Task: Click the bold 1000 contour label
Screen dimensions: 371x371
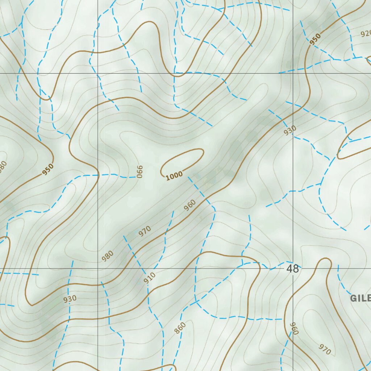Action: pos(174,176)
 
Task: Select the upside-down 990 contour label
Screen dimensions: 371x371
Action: pos(140,171)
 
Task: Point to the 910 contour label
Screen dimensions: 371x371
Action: pos(149,278)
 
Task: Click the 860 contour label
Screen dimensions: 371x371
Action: pos(180,328)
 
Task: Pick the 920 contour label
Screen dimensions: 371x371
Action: pos(366,34)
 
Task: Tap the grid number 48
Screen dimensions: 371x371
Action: pos(292,269)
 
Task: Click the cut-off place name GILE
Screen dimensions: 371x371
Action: pos(360,298)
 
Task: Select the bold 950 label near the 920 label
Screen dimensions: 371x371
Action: pos(315,39)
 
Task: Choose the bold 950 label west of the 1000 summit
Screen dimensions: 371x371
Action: pos(47,169)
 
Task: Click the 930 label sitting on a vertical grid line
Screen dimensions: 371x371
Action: pos(290,130)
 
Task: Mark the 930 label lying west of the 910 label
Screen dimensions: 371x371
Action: pos(70,299)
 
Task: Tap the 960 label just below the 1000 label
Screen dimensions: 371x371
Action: pos(189,205)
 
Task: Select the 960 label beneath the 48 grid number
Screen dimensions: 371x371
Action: pos(294,328)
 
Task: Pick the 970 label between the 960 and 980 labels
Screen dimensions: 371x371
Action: pos(145,231)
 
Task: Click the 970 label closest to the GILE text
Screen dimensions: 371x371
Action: pos(325,349)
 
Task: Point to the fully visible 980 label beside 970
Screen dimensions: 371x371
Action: pos(108,256)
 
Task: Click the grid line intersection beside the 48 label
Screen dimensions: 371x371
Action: pos(293,269)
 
